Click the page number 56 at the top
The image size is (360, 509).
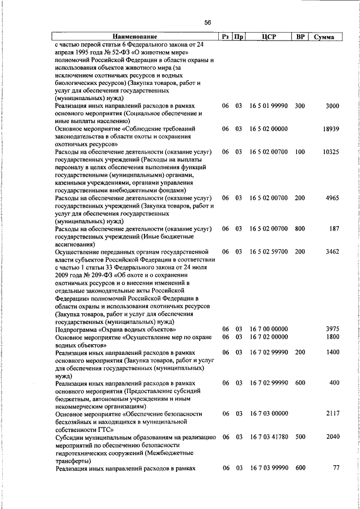point(208,22)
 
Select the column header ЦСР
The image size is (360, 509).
point(268,37)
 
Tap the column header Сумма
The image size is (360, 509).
point(324,37)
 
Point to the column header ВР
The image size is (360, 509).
point(300,37)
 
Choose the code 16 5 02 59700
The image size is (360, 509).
point(269,252)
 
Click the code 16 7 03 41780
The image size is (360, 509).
point(269,437)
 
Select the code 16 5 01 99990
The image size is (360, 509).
point(269,106)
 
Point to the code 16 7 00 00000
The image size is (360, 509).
point(269,329)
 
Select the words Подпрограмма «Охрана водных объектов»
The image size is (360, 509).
point(115,329)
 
